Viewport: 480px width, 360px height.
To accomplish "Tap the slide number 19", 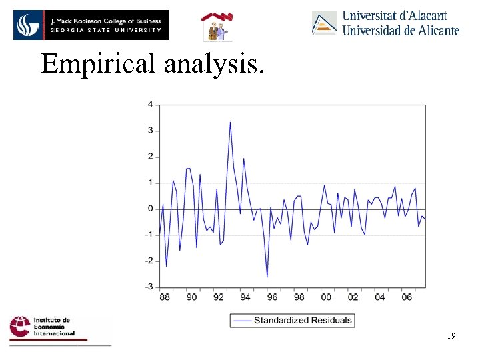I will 451,337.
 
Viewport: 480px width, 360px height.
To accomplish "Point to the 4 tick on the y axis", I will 150,105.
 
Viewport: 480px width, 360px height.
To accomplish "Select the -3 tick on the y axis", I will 149,287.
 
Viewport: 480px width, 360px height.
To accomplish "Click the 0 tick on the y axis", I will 150,209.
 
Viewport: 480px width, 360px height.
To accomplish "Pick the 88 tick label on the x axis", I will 165,297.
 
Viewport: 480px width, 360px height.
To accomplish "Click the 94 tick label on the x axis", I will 245,297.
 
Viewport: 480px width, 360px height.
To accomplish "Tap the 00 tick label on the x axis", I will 326,297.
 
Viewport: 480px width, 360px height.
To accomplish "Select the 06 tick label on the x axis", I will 407,297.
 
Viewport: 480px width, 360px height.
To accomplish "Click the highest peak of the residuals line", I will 230,122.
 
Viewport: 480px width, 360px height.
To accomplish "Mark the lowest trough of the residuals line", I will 267,277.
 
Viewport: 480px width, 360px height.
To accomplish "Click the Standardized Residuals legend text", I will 303,320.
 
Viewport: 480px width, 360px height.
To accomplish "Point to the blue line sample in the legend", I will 243,321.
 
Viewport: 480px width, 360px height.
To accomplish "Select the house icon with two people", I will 217,27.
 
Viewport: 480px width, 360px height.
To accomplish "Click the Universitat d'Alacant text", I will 395,15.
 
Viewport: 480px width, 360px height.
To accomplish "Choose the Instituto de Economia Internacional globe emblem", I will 20,328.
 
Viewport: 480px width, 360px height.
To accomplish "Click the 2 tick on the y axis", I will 150,157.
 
